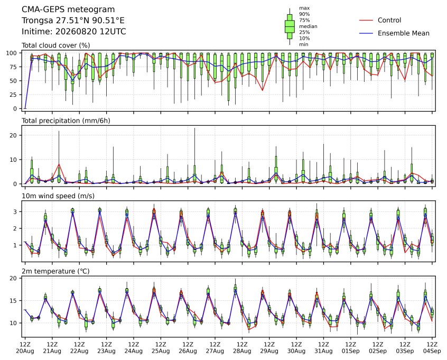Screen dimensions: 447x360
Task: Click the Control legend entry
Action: coord(380,20)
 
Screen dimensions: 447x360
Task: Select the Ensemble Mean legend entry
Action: coord(394,33)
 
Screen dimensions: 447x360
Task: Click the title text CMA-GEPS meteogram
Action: coord(68,10)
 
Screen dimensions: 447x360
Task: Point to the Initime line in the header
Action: coord(74,31)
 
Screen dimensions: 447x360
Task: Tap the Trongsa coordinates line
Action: coord(73,21)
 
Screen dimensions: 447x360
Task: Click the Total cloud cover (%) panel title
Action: coord(56,45)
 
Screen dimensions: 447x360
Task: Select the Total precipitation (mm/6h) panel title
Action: coord(66,121)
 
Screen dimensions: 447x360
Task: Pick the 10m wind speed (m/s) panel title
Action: coord(58,196)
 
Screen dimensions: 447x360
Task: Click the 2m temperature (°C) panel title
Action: coord(55,271)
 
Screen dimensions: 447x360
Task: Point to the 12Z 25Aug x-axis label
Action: coord(161,348)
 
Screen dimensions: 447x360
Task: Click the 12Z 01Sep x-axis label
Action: coord(351,348)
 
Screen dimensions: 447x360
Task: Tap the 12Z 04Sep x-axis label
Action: coord(432,348)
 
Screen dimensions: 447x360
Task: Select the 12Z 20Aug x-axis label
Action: coord(25,348)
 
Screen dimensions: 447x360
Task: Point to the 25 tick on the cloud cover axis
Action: coord(14,95)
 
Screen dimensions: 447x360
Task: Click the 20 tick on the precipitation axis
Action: coord(14,135)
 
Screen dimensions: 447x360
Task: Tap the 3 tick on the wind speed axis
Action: coord(15,211)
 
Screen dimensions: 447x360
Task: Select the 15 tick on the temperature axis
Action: coord(14,301)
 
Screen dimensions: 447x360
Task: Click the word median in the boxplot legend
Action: coord(308,26)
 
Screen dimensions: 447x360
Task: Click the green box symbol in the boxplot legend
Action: coord(290,26)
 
